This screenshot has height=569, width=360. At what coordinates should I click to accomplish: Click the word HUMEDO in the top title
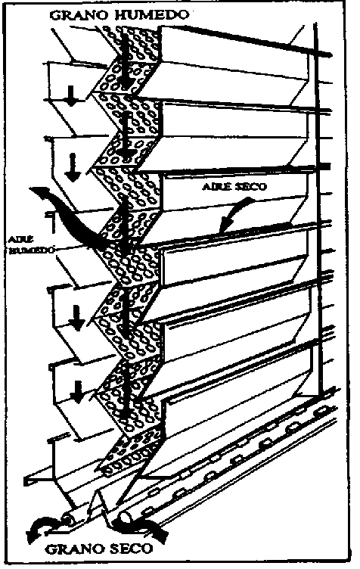tap(152, 14)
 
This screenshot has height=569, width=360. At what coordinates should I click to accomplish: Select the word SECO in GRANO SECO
tap(132, 549)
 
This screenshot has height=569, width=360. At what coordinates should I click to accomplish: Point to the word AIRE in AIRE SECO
tap(217, 187)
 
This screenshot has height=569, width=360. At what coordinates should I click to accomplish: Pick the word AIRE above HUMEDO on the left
tap(21, 239)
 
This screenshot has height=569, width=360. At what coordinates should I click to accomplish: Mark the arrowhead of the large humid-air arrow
tap(37, 192)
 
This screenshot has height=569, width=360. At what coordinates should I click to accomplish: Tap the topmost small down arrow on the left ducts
tap(72, 97)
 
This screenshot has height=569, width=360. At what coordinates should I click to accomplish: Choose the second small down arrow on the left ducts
tap(73, 167)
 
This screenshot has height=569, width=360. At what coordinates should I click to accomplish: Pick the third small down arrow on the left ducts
tap(77, 318)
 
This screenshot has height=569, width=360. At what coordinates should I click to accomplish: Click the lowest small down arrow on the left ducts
tap(76, 392)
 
